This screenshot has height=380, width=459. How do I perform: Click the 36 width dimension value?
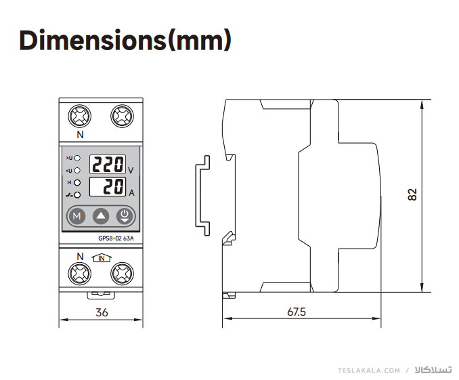(x=102, y=312)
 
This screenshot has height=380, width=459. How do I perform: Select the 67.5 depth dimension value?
(x=297, y=312)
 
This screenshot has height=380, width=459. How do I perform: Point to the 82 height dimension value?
(x=412, y=194)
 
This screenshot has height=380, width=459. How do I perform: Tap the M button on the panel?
(x=76, y=216)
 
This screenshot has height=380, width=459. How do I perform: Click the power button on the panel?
(x=125, y=216)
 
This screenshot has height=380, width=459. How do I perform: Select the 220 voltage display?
(x=108, y=164)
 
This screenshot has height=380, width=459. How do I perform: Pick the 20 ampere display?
(x=108, y=187)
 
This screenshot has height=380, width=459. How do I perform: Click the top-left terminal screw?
(x=80, y=116)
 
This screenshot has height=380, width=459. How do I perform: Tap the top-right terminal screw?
(x=123, y=116)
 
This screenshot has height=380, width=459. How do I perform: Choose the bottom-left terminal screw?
(x=80, y=274)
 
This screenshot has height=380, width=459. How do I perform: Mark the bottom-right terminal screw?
(x=123, y=274)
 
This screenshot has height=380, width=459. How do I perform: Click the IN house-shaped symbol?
(x=102, y=257)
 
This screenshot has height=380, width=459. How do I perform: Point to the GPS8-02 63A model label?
(x=116, y=238)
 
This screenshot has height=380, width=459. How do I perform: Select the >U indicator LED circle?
(x=77, y=159)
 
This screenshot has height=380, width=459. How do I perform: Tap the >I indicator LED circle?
(x=77, y=183)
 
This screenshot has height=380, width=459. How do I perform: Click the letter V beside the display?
(x=131, y=170)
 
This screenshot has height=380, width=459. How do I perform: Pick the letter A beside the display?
(x=132, y=193)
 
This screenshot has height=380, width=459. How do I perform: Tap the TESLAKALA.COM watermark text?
(x=369, y=371)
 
